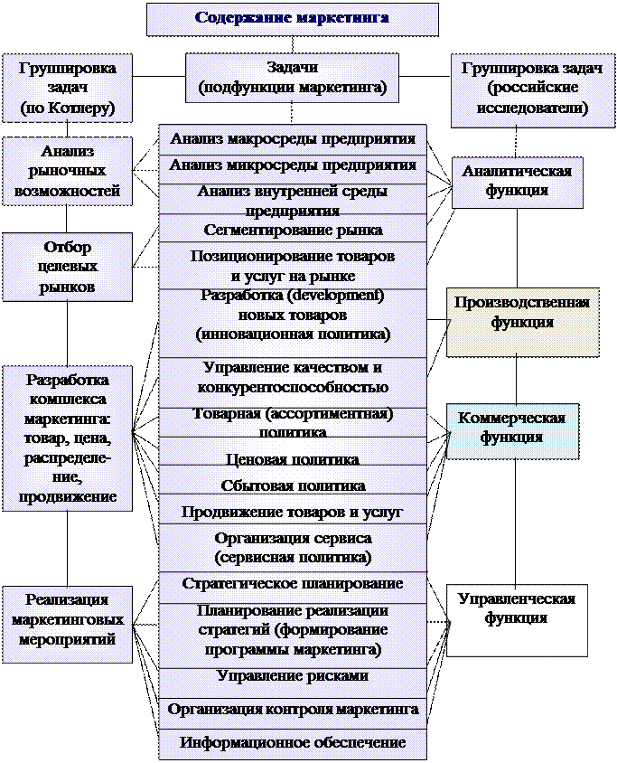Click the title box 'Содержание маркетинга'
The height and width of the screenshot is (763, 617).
coord(292,19)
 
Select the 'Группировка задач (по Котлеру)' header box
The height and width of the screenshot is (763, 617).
coord(66,89)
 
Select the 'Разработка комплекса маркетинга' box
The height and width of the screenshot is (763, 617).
coord(66,438)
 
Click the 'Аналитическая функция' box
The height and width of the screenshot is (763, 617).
coord(516,181)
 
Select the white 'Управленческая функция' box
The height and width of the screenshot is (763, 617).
coord(516,618)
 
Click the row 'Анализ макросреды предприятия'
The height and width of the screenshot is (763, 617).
coord(292,139)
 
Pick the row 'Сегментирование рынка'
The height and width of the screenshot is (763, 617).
coord(292,230)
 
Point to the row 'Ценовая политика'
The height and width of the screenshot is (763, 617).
coord(292,459)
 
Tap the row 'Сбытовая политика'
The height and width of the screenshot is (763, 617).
coord(292,485)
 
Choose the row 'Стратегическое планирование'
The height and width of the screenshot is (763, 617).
coord(292,583)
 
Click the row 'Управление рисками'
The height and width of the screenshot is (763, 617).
coord(292,676)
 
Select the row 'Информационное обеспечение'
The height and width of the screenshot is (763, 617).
coord(292,743)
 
